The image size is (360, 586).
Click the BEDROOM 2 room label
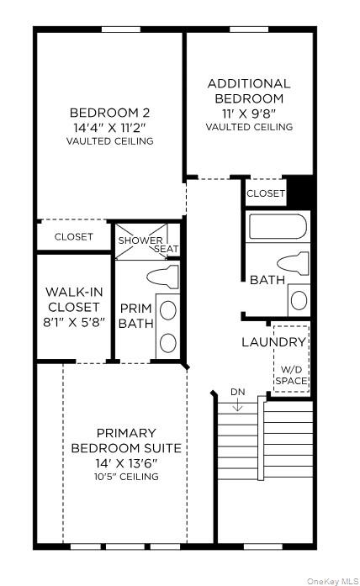(x=109, y=113)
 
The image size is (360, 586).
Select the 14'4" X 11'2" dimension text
(x=109, y=127)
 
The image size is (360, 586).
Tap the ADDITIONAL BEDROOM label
(x=249, y=91)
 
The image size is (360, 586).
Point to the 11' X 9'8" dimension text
(x=249, y=112)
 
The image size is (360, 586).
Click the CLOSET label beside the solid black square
(x=266, y=193)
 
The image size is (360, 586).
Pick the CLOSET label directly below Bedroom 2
(x=74, y=237)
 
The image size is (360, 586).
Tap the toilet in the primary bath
(x=163, y=276)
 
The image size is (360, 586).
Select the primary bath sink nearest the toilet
(x=168, y=310)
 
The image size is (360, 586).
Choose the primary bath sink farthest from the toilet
(x=168, y=342)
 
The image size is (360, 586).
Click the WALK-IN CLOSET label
(x=74, y=299)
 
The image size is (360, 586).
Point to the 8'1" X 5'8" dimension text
(x=74, y=323)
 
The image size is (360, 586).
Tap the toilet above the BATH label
(x=292, y=261)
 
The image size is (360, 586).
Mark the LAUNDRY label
(x=273, y=342)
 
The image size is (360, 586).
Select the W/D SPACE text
(x=292, y=375)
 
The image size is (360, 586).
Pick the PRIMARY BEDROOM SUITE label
(x=126, y=441)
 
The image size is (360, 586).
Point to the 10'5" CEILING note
(x=126, y=477)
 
